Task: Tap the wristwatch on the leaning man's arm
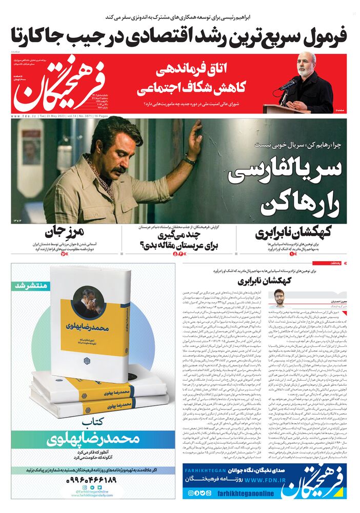(x=189, y=161)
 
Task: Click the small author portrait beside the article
(x=279, y=298)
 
